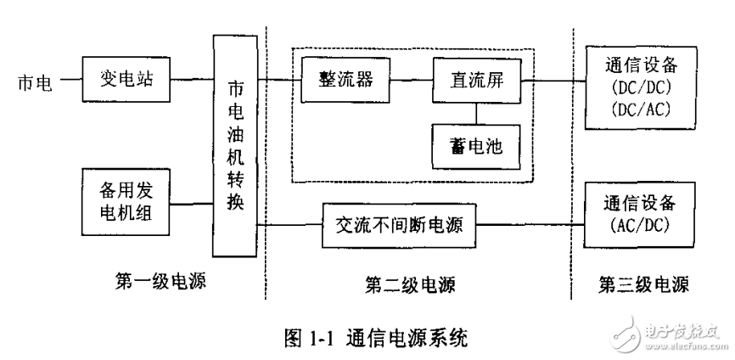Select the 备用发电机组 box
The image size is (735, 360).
click(x=126, y=204)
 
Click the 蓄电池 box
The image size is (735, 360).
click(x=475, y=144)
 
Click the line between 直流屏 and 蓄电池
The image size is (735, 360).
click(x=475, y=114)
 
